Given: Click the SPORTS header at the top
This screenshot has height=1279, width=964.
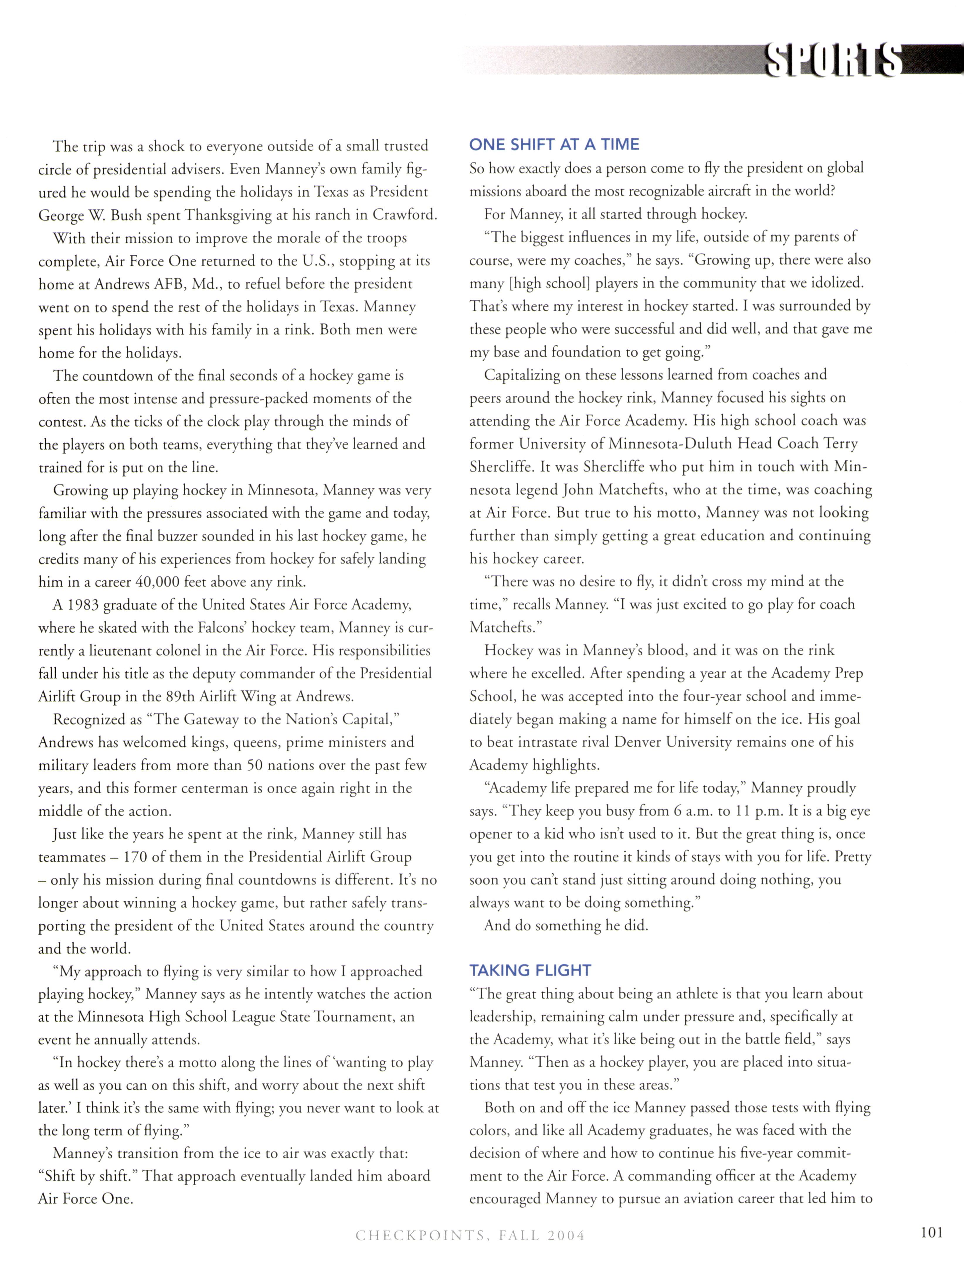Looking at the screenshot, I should coord(833,60).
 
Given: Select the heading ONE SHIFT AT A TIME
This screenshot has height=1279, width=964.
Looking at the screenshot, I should coord(554,145).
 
